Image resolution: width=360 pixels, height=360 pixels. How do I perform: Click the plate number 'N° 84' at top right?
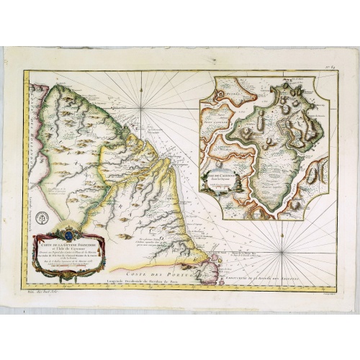pyautogui.click(x=332, y=65)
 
